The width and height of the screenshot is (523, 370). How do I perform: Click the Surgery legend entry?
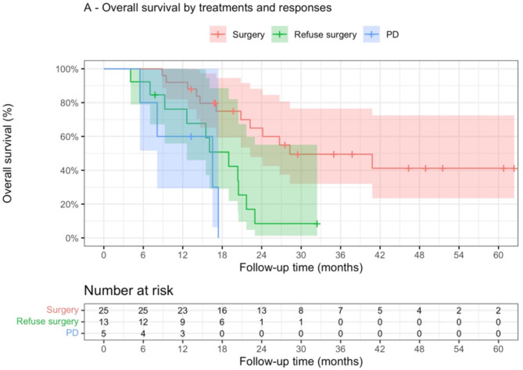(x=237, y=34)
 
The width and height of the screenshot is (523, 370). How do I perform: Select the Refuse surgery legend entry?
(x=313, y=34)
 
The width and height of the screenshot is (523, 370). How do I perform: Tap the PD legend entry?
(x=382, y=34)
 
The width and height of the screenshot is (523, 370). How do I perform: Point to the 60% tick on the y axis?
(x=83, y=137)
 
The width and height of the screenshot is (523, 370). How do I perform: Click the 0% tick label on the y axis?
(x=72, y=239)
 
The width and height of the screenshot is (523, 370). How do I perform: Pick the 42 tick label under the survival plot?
(x=380, y=255)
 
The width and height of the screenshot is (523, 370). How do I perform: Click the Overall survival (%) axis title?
(x=7, y=153)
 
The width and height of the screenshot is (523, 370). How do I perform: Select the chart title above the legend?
(x=208, y=8)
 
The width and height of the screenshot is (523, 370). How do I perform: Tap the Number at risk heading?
(x=129, y=290)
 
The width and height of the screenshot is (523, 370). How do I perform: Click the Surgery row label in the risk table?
(x=63, y=310)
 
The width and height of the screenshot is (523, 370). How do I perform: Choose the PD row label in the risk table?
(x=73, y=333)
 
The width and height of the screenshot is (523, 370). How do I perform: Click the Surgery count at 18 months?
(x=222, y=311)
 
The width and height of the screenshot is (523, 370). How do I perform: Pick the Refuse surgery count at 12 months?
(x=183, y=322)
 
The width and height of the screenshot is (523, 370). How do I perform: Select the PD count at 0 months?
(x=104, y=333)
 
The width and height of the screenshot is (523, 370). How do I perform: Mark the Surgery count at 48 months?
(x=419, y=311)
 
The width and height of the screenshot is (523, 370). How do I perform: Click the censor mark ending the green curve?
(x=317, y=224)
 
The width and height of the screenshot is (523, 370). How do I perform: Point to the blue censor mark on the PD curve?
(x=191, y=136)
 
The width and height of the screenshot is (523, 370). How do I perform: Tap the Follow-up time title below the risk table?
(x=301, y=361)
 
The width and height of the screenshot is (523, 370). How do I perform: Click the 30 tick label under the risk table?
(x=301, y=349)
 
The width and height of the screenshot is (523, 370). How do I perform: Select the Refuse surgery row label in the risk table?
(x=48, y=322)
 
